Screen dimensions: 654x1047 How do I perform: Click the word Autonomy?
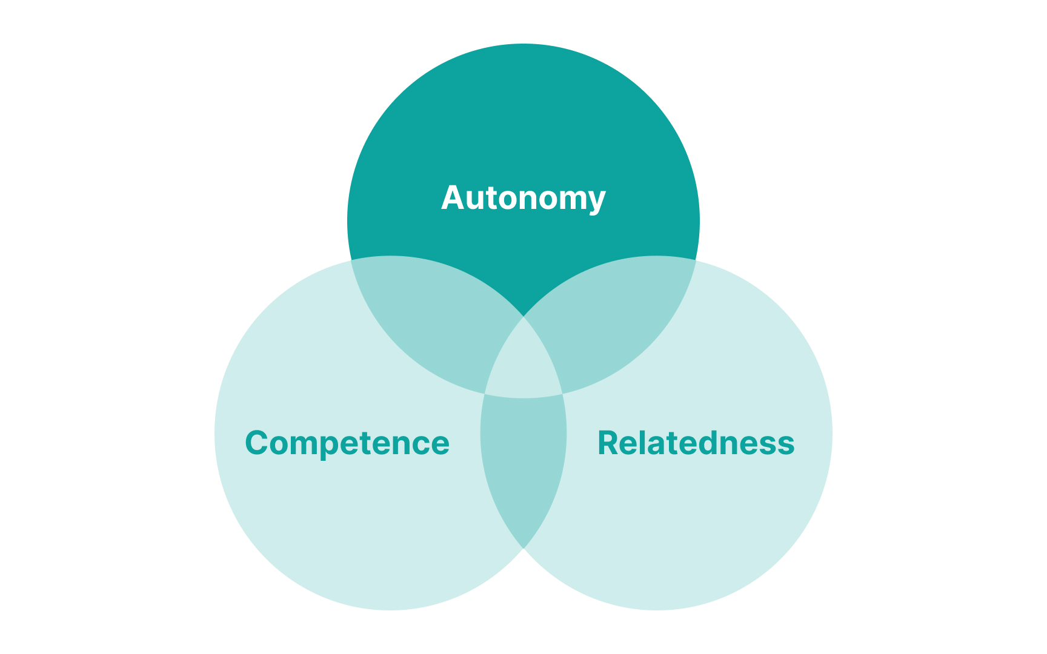coord(523,198)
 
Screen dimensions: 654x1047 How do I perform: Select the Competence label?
coord(347,443)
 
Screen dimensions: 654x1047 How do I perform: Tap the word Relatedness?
coord(696,443)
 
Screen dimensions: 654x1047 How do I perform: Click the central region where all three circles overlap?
coord(523,363)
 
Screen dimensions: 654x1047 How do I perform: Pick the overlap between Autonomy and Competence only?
coord(430,321)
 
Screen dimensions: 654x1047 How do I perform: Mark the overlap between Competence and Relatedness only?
coord(523,466)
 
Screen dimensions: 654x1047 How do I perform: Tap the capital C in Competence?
coord(257,443)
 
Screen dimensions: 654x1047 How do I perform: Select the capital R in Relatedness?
coord(608,443)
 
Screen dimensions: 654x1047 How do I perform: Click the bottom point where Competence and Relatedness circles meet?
coord(523,549)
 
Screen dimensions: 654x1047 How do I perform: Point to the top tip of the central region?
coord(523,317)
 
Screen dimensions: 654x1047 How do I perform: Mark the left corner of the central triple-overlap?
coord(485,394)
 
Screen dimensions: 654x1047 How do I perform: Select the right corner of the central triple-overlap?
coord(563,394)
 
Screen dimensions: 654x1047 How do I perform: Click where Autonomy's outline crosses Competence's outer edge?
coord(351,260)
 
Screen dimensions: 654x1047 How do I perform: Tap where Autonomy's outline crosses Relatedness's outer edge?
coord(696,260)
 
